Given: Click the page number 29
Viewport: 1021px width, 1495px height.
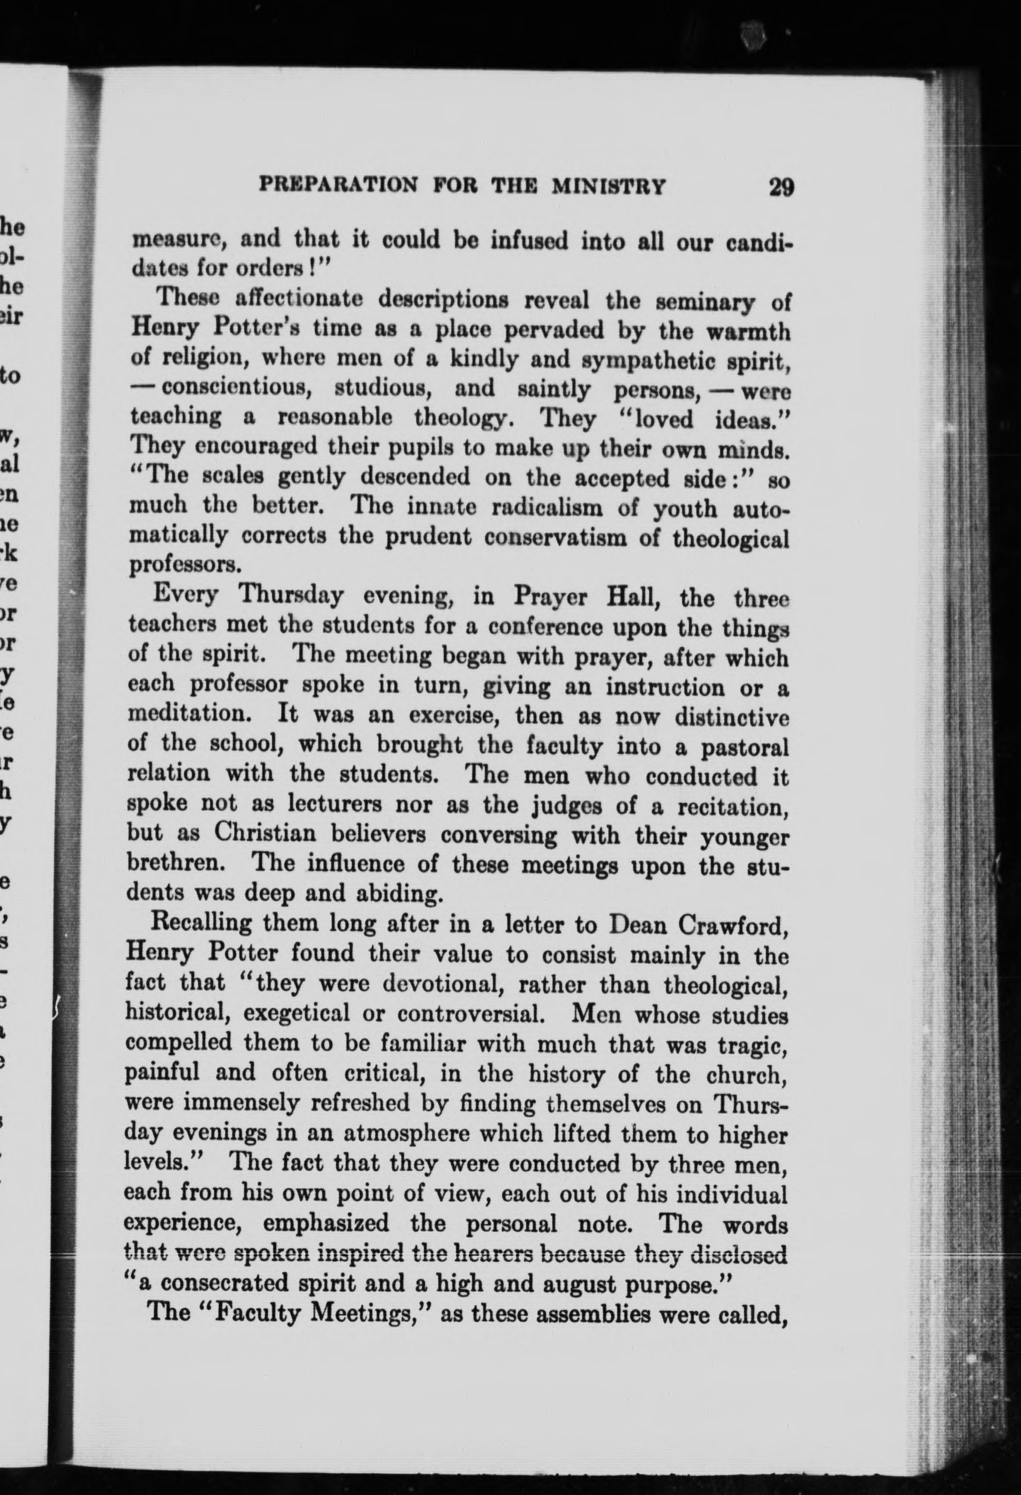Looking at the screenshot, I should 781,187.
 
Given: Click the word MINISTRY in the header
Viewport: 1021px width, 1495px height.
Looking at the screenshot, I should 608,186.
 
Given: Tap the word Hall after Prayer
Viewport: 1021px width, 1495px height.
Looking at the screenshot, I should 634,598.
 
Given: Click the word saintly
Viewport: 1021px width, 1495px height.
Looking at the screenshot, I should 557,389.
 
